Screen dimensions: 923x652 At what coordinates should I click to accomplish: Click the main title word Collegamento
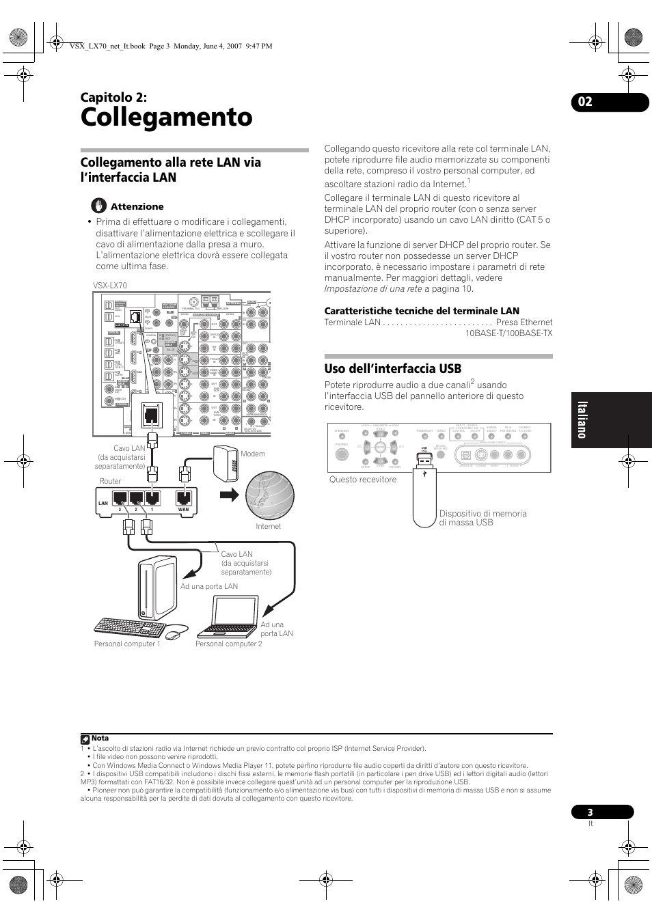166,118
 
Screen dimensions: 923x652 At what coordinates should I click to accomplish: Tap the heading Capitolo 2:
113,96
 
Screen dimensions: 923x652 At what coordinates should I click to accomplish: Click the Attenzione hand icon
100,205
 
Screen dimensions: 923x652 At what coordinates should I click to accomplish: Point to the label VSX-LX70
110,286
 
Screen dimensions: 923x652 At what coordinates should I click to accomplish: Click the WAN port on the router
182,499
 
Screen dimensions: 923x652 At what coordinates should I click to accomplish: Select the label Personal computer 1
127,644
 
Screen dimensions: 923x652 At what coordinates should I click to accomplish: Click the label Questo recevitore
362,480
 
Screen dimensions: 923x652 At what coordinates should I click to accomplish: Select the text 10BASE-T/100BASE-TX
508,333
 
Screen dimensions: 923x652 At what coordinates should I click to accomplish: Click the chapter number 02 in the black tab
584,102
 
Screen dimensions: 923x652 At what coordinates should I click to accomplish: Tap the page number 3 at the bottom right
590,812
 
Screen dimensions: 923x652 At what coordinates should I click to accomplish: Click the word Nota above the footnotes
100,738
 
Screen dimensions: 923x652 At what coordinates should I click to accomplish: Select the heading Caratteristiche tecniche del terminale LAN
422,311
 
